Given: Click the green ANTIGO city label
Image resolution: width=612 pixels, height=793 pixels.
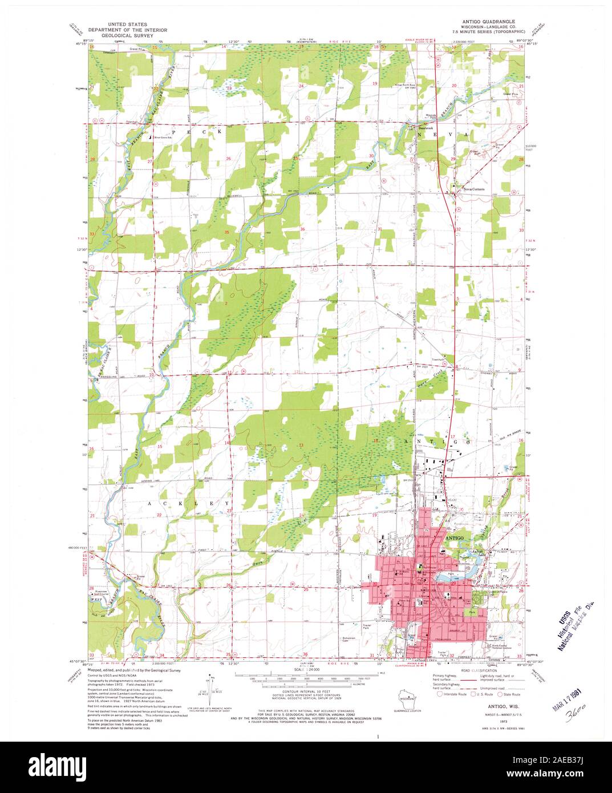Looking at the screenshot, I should point(454,537).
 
